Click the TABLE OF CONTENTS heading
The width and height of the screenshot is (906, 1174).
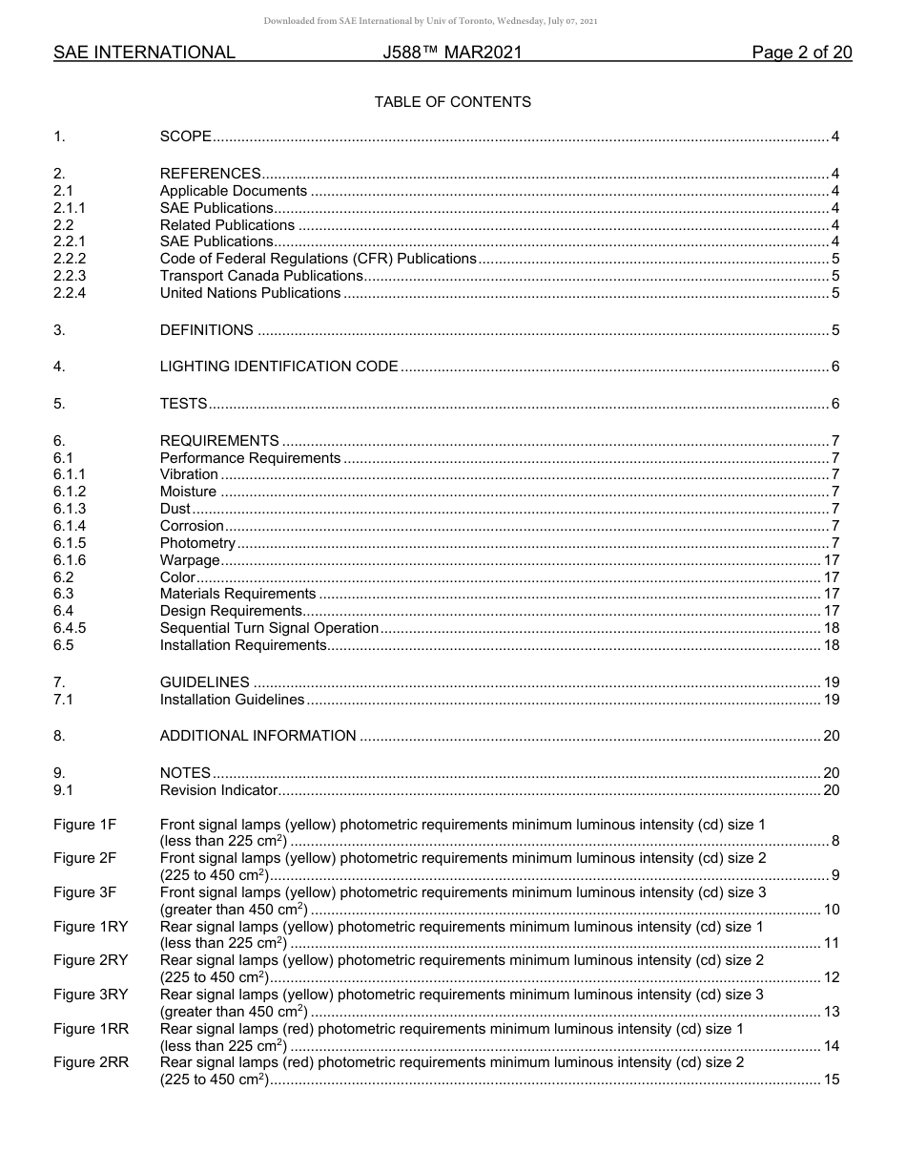click(x=452, y=102)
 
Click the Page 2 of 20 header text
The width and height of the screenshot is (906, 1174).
click(x=801, y=52)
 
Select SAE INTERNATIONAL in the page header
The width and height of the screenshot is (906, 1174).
click(x=144, y=52)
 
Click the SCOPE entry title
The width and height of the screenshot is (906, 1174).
click(x=185, y=136)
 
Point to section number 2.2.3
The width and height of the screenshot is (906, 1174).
click(x=70, y=276)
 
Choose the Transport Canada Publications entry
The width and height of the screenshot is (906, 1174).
click(x=260, y=276)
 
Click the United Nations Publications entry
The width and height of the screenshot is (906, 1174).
click(x=250, y=293)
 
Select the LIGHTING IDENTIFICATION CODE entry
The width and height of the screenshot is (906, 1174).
click(x=278, y=367)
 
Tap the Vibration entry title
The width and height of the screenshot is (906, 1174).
click(x=189, y=474)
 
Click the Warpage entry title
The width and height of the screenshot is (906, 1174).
click(x=189, y=560)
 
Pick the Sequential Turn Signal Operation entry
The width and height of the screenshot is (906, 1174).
click(x=269, y=628)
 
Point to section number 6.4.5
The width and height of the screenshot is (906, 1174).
click(x=70, y=628)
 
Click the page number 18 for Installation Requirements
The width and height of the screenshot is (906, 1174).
click(x=831, y=645)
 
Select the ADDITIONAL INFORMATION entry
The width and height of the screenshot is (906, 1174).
click(x=257, y=736)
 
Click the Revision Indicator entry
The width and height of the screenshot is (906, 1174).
click(x=218, y=790)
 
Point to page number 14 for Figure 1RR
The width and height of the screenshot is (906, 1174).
click(x=831, y=1046)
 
